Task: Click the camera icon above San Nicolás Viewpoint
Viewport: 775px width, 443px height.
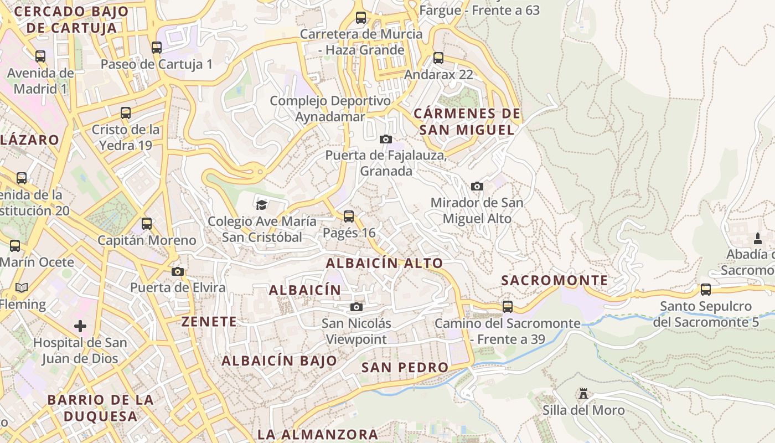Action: pos(356,307)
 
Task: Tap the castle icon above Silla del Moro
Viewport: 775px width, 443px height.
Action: pos(583,394)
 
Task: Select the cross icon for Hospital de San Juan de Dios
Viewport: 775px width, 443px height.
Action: pos(80,326)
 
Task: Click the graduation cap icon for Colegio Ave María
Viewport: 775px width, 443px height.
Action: pos(261,205)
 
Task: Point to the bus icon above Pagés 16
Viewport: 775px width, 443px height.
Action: pos(349,216)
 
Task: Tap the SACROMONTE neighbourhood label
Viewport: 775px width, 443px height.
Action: pos(554,280)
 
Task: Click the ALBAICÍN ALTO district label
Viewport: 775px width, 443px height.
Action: pos(384,263)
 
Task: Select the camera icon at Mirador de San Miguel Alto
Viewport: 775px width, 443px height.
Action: pos(477,186)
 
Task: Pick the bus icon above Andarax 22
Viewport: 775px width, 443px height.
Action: pos(438,58)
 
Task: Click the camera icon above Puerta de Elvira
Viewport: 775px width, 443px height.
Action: pos(177,271)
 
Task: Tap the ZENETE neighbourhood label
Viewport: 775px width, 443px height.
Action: pos(209,321)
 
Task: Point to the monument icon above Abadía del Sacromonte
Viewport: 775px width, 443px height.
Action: pos(758,238)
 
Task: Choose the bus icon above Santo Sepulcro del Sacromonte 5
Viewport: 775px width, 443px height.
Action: pos(705,289)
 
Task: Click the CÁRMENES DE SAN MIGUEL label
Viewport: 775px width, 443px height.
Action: pos(467,122)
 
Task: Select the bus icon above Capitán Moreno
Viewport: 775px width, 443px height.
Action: pos(147,224)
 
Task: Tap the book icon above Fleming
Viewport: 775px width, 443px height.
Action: pos(22,287)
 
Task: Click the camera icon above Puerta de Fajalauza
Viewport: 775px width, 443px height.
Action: pos(386,139)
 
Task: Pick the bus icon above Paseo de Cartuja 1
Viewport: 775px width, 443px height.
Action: pos(157,48)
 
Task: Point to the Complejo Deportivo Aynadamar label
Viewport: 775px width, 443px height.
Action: pos(330,109)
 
